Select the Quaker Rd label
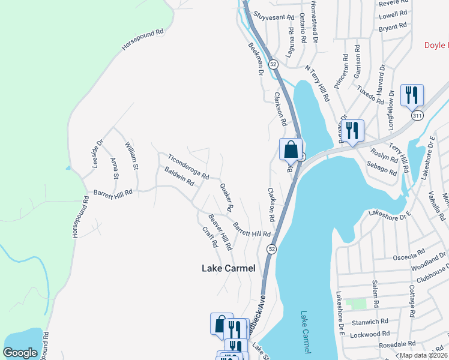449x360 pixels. pyautogui.click(x=226, y=197)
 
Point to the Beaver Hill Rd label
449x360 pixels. pyautogui.click(x=220, y=232)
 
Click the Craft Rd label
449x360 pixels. pyautogui.click(x=209, y=238)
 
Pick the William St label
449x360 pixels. pyautogui.click(x=131, y=155)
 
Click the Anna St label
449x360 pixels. pyautogui.click(x=115, y=168)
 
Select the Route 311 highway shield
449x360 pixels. pyautogui.click(x=417, y=114)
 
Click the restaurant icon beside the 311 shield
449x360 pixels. pyautogui.click(x=412, y=95)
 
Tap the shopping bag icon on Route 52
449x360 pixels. pyautogui.click(x=291, y=149)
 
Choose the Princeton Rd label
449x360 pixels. pyautogui.click(x=341, y=72)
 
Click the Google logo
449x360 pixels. pyautogui.click(x=20, y=353)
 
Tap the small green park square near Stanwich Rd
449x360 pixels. pyautogui.click(x=359, y=304)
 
